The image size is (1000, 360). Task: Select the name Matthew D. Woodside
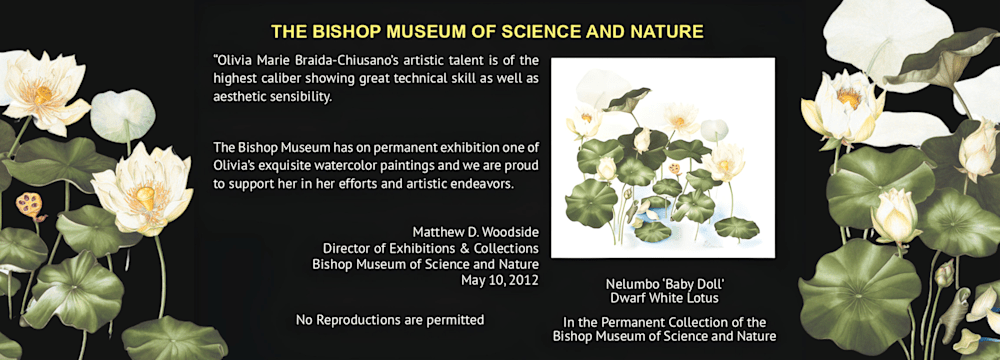tap(476, 231)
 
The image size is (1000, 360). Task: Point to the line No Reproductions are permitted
tap(390, 320)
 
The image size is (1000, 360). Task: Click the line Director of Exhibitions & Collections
tap(430, 248)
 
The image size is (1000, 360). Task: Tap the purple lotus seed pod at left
tap(29, 206)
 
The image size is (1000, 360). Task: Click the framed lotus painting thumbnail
tap(663, 158)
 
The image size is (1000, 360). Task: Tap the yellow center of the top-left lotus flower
tap(43, 94)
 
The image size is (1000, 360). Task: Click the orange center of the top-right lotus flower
tap(849, 97)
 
